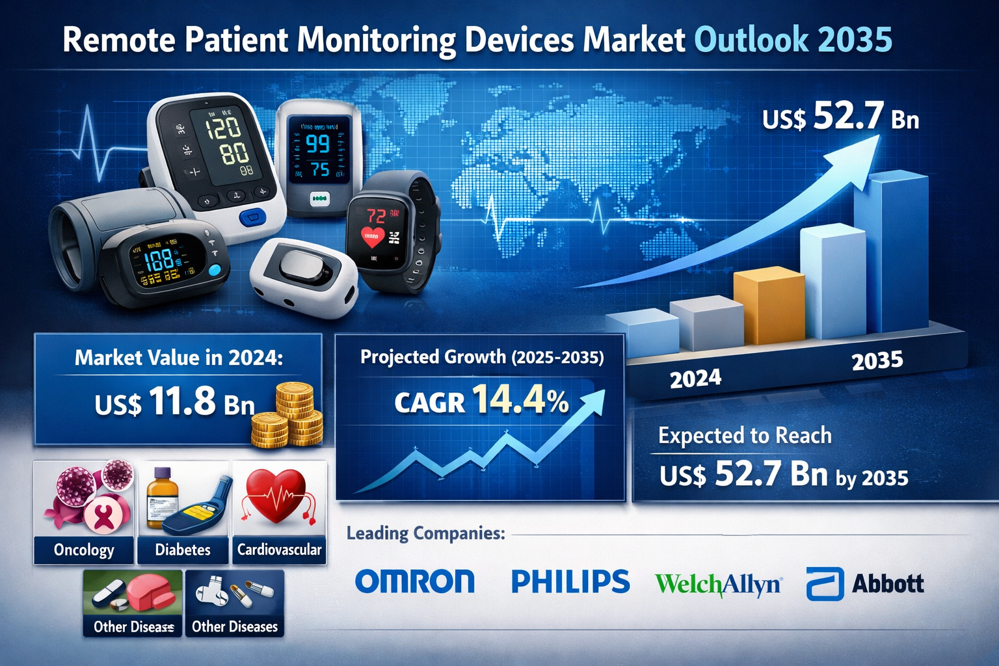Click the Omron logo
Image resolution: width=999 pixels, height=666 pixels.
(415, 581)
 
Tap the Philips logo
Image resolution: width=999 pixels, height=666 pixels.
(570, 581)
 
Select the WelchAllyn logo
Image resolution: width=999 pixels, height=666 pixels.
(718, 585)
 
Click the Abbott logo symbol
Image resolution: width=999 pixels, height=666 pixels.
(825, 583)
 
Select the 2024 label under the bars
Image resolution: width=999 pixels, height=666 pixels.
(695, 379)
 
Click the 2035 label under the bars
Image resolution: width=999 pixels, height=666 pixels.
(877, 360)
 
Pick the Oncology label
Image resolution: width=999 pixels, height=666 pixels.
(84, 550)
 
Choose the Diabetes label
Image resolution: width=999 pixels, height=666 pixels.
(183, 550)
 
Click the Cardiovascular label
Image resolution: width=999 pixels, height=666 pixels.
(279, 550)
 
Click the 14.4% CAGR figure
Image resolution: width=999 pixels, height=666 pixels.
(520, 401)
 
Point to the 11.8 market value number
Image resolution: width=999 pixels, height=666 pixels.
(182, 401)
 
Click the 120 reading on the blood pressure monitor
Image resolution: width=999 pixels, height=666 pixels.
(223, 127)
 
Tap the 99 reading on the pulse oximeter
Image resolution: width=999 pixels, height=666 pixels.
(317, 143)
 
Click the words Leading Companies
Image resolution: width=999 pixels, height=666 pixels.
(425, 534)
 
